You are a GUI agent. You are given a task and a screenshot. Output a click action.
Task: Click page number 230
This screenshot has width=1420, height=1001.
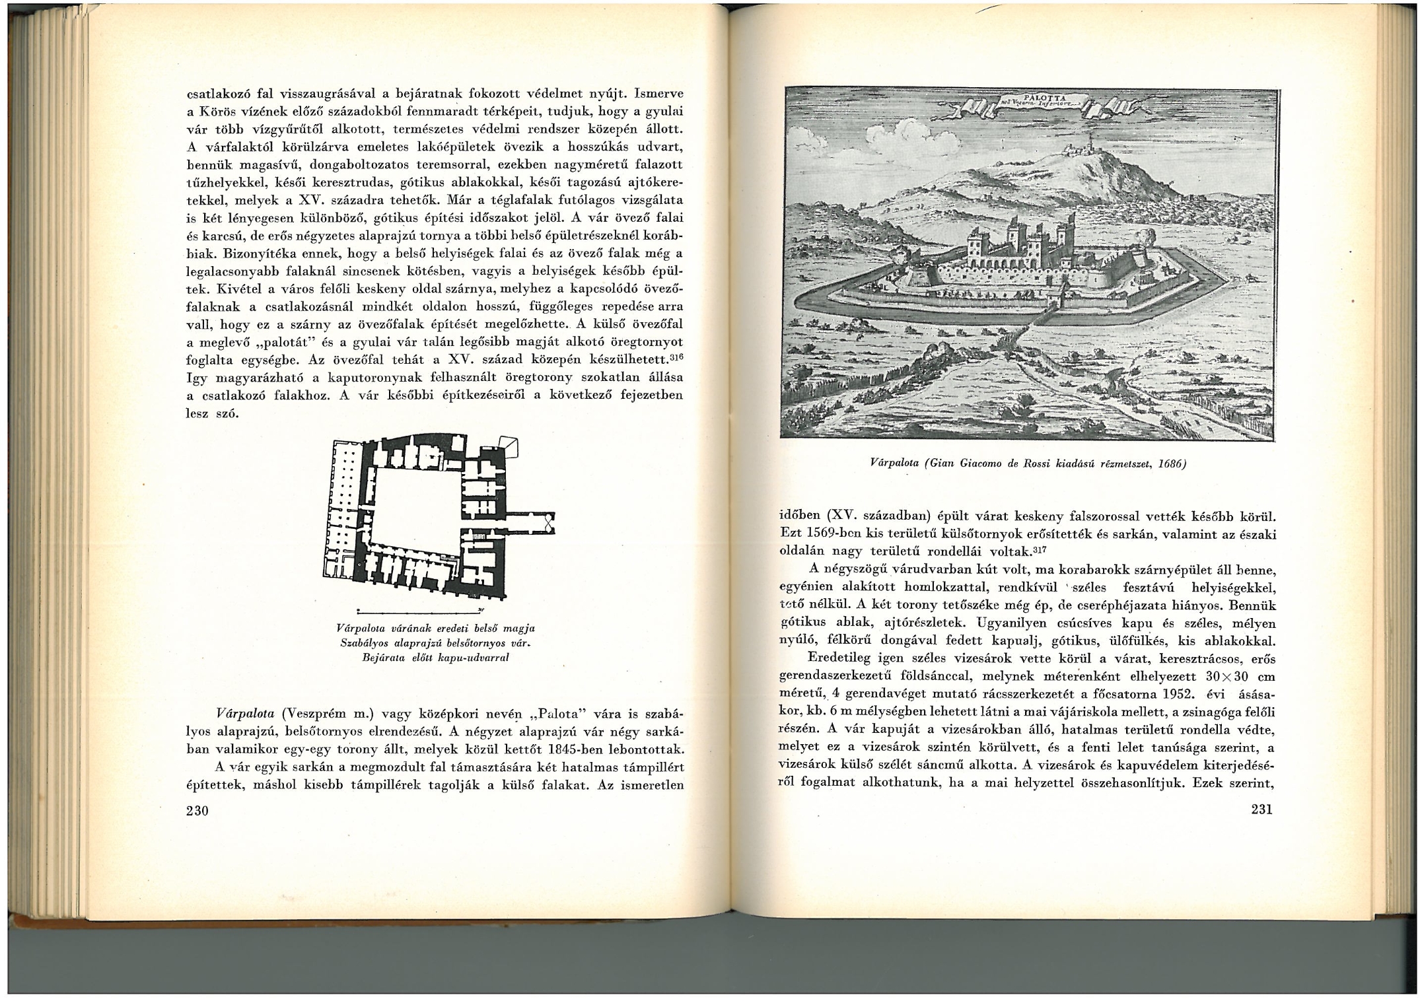click(x=197, y=810)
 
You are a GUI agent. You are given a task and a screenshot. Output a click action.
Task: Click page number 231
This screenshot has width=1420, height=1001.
click(x=1261, y=809)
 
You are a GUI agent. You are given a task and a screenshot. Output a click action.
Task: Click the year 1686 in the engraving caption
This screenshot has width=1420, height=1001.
click(x=1172, y=464)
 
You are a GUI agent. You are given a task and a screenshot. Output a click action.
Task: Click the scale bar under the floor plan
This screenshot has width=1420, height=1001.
click(x=420, y=610)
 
